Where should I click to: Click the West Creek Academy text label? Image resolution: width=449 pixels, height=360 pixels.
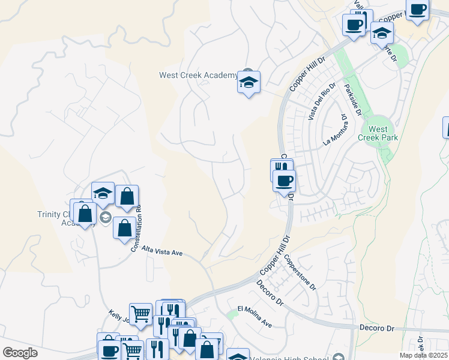pos(198,76)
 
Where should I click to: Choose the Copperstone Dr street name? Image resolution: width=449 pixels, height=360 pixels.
pos(300,272)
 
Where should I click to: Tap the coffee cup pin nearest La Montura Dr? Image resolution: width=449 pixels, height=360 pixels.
pos(284,180)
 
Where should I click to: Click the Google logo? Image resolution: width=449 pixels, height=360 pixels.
pos(20,353)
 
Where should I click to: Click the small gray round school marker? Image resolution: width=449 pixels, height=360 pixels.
pos(106,217)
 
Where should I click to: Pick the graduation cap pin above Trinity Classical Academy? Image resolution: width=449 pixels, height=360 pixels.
pos(103,194)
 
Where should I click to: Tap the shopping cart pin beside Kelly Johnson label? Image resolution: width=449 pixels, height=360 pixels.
pos(140,313)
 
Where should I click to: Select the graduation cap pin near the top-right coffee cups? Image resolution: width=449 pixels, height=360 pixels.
pos(382,34)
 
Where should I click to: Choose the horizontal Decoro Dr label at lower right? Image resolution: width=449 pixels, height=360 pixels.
pos(377,329)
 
